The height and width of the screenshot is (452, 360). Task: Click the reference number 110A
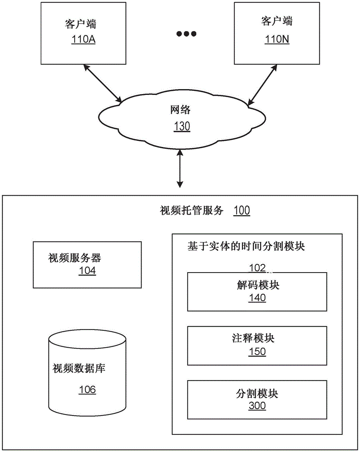[84, 39]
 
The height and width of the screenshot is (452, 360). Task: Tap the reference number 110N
[277, 39]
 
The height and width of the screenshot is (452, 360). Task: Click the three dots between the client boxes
[186, 34]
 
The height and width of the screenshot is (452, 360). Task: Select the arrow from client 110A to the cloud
[103, 83]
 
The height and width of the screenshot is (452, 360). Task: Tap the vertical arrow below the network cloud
[180, 169]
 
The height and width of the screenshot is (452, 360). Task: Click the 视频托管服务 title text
[192, 210]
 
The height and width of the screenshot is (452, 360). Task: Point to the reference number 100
[241, 211]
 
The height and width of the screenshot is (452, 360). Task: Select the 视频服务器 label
[75, 258]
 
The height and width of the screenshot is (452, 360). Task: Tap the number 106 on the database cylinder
[87, 389]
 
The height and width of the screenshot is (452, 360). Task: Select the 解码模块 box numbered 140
[257, 292]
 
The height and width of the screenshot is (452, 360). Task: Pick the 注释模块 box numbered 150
[257, 345]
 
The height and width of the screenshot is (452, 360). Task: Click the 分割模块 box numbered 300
[257, 399]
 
